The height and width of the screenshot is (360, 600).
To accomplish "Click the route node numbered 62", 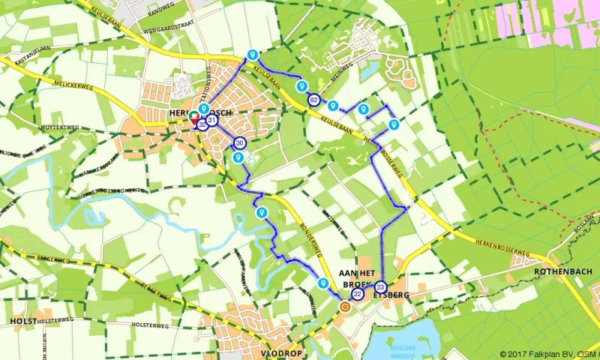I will (313, 100).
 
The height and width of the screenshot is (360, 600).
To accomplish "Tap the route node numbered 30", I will (240, 143).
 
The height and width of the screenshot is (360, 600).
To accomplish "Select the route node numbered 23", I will (380, 286).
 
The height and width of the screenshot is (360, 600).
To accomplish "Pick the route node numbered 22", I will (358, 295).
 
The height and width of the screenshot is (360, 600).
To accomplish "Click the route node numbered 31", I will (212, 121).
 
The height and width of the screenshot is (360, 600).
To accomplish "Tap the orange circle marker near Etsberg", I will (345, 306).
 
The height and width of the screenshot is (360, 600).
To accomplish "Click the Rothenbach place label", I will (563, 271).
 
